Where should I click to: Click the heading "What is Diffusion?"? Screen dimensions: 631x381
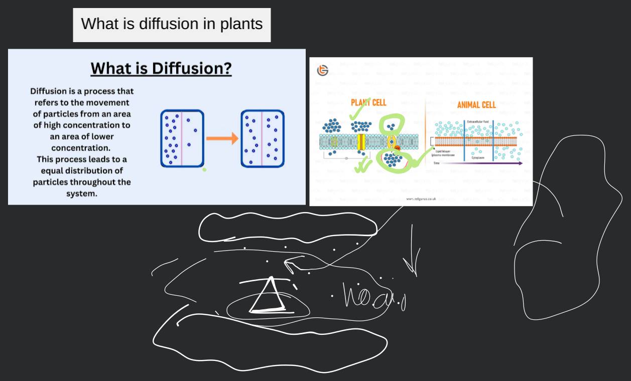point(161,68)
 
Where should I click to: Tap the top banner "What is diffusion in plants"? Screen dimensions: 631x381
point(172,24)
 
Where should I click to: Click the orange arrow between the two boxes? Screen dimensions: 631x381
point(221,138)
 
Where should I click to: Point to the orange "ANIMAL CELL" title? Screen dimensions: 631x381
point(476,105)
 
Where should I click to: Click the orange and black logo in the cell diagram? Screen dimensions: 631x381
point(323,71)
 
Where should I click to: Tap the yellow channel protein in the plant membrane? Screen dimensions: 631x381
point(361,142)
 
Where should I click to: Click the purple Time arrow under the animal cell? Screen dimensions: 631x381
point(482,163)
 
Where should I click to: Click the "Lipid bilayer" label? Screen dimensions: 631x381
point(442,151)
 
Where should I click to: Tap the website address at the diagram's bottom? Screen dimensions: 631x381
point(421,199)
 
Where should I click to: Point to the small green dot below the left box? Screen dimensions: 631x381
point(204,170)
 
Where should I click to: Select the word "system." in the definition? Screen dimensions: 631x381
point(82,194)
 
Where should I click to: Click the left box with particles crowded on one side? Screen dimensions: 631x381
point(182,138)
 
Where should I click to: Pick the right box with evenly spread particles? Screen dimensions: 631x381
point(263,138)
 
